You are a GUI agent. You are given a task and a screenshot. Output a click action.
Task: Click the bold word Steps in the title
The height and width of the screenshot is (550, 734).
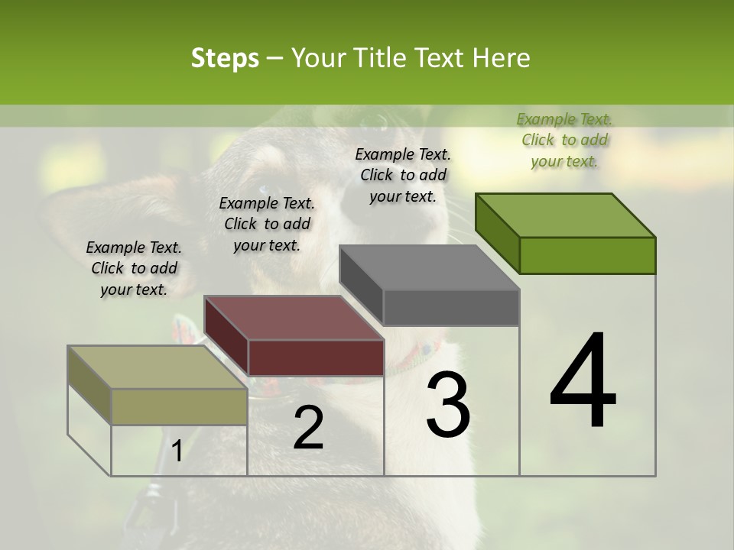(x=225, y=58)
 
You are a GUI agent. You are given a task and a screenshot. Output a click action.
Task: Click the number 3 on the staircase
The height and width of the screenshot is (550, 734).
(x=448, y=404)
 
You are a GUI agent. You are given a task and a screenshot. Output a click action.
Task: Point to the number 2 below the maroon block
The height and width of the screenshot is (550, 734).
(x=308, y=428)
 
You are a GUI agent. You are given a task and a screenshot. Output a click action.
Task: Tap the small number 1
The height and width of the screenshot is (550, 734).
(x=177, y=451)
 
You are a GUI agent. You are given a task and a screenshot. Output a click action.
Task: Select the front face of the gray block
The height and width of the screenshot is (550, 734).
(x=451, y=308)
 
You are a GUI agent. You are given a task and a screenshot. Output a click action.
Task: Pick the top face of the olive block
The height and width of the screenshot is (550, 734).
(x=158, y=367)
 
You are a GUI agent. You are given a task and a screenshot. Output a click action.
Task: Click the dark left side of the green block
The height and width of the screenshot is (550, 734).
(x=497, y=233)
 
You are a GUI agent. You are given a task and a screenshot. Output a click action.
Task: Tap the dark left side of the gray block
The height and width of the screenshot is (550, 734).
(x=361, y=283)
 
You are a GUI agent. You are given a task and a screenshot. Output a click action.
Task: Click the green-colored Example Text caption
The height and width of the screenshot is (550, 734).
(x=564, y=140)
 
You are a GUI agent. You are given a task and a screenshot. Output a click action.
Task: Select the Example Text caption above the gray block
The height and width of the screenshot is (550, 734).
(x=403, y=175)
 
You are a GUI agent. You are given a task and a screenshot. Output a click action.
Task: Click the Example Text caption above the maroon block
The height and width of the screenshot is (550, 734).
(x=267, y=224)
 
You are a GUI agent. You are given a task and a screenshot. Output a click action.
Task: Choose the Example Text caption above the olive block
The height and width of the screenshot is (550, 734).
(x=134, y=268)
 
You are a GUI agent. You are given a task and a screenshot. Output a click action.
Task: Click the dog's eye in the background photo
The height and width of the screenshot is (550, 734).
(x=265, y=189)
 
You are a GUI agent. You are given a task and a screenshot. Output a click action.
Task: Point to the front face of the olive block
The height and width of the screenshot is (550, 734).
(x=180, y=406)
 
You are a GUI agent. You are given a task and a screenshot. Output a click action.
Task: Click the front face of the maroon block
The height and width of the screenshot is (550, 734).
(x=316, y=357)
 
